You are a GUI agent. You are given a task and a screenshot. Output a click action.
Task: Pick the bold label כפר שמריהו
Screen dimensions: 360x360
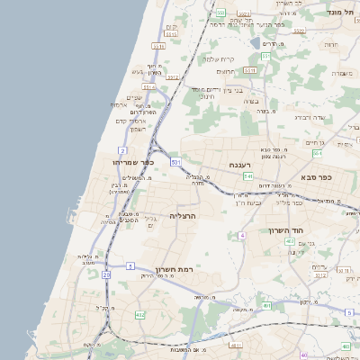click(x=134, y=162)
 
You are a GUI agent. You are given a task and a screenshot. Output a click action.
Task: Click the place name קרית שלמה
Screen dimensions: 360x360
click(x=219, y=57)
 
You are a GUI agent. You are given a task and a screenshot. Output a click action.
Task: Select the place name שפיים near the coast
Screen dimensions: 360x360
click(x=134, y=98)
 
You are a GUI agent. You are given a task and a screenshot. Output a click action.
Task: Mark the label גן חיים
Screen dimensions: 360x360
click(x=315, y=142)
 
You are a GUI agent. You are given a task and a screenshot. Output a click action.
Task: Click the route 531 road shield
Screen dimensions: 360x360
click(x=175, y=162)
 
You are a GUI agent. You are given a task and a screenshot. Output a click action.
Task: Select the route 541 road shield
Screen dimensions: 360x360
click(x=247, y=176)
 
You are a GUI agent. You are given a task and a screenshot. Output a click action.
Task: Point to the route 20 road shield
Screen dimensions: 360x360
click(x=106, y=274)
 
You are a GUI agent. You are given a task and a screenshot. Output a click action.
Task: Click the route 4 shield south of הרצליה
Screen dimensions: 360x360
click(x=241, y=236)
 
